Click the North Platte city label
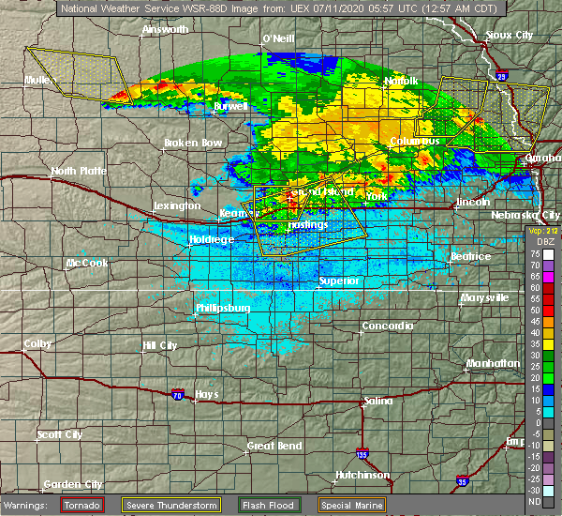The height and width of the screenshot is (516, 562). tap(77, 172)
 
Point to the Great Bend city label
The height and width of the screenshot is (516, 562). tap(273, 446)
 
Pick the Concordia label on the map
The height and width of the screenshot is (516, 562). tap(388, 326)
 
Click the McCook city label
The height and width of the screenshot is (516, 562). tap(87, 264)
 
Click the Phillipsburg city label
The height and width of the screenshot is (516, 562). tap(223, 308)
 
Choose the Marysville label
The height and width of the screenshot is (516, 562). tap(484, 298)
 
